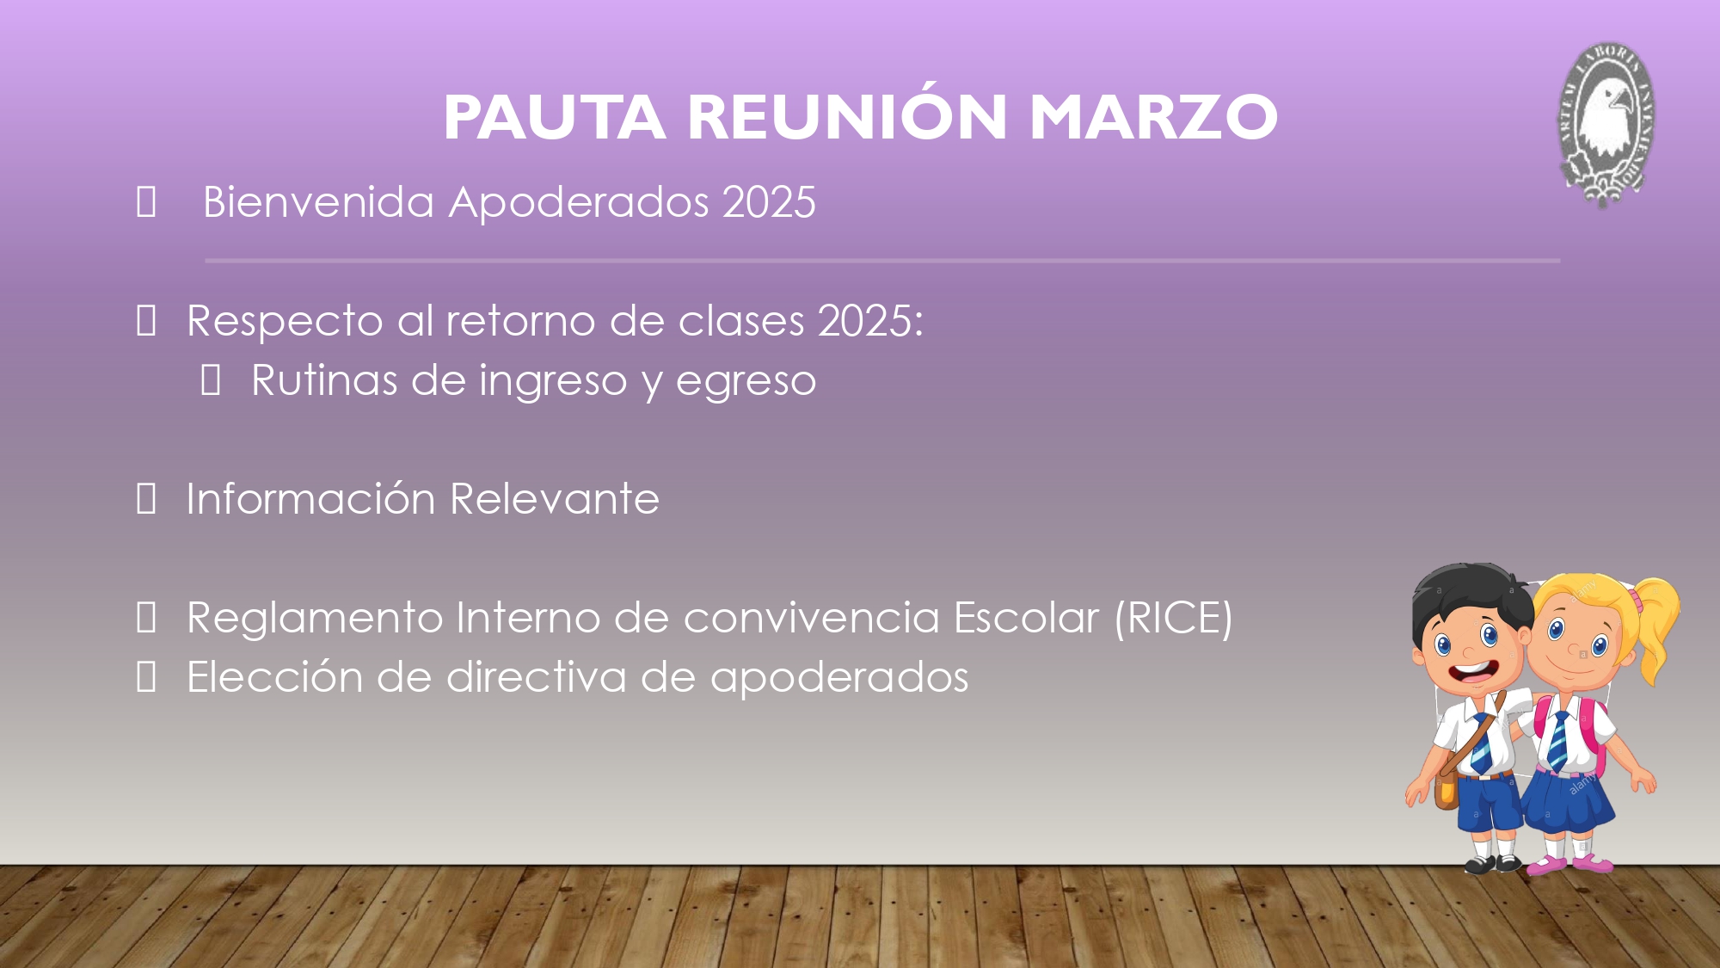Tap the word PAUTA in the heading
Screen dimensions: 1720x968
pyautogui.click(x=555, y=117)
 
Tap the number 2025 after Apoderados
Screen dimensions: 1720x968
pyautogui.click(x=769, y=203)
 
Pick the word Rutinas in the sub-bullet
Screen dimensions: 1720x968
pyautogui.click(x=324, y=380)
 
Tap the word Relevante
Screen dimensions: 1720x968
pyautogui.click(x=555, y=500)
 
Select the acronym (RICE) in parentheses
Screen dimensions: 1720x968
pyautogui.click(x=1174, y=619)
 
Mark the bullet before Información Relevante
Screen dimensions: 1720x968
pyautogui.click(x=146, y=499)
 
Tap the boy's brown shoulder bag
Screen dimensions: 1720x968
pyautogui.click(x=1446, y=790)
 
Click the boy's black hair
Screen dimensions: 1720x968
pyautogui.click(x=1471, y=594)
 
